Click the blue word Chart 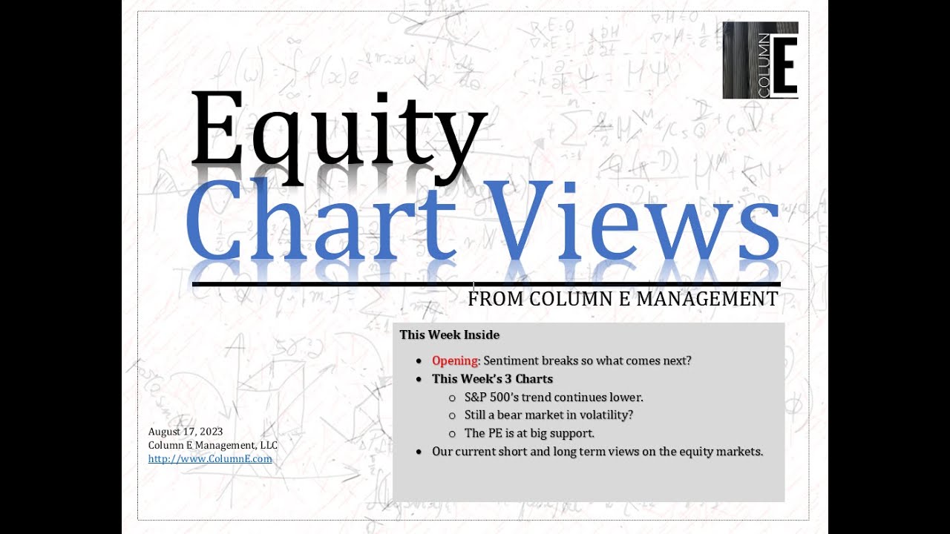click(x=319, y=219)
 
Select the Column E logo click(x=760, y=60)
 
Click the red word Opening click(x=455, y=360)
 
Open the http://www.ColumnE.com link click(x=210, y=459)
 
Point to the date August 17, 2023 click(x=186, y=432)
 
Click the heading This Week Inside click(x=449, y=334)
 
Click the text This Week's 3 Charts click(x=492, y=379)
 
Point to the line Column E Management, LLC click(x=212, y=445)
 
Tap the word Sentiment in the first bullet click(x=513, y=360)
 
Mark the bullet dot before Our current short click(x=419, y=451)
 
